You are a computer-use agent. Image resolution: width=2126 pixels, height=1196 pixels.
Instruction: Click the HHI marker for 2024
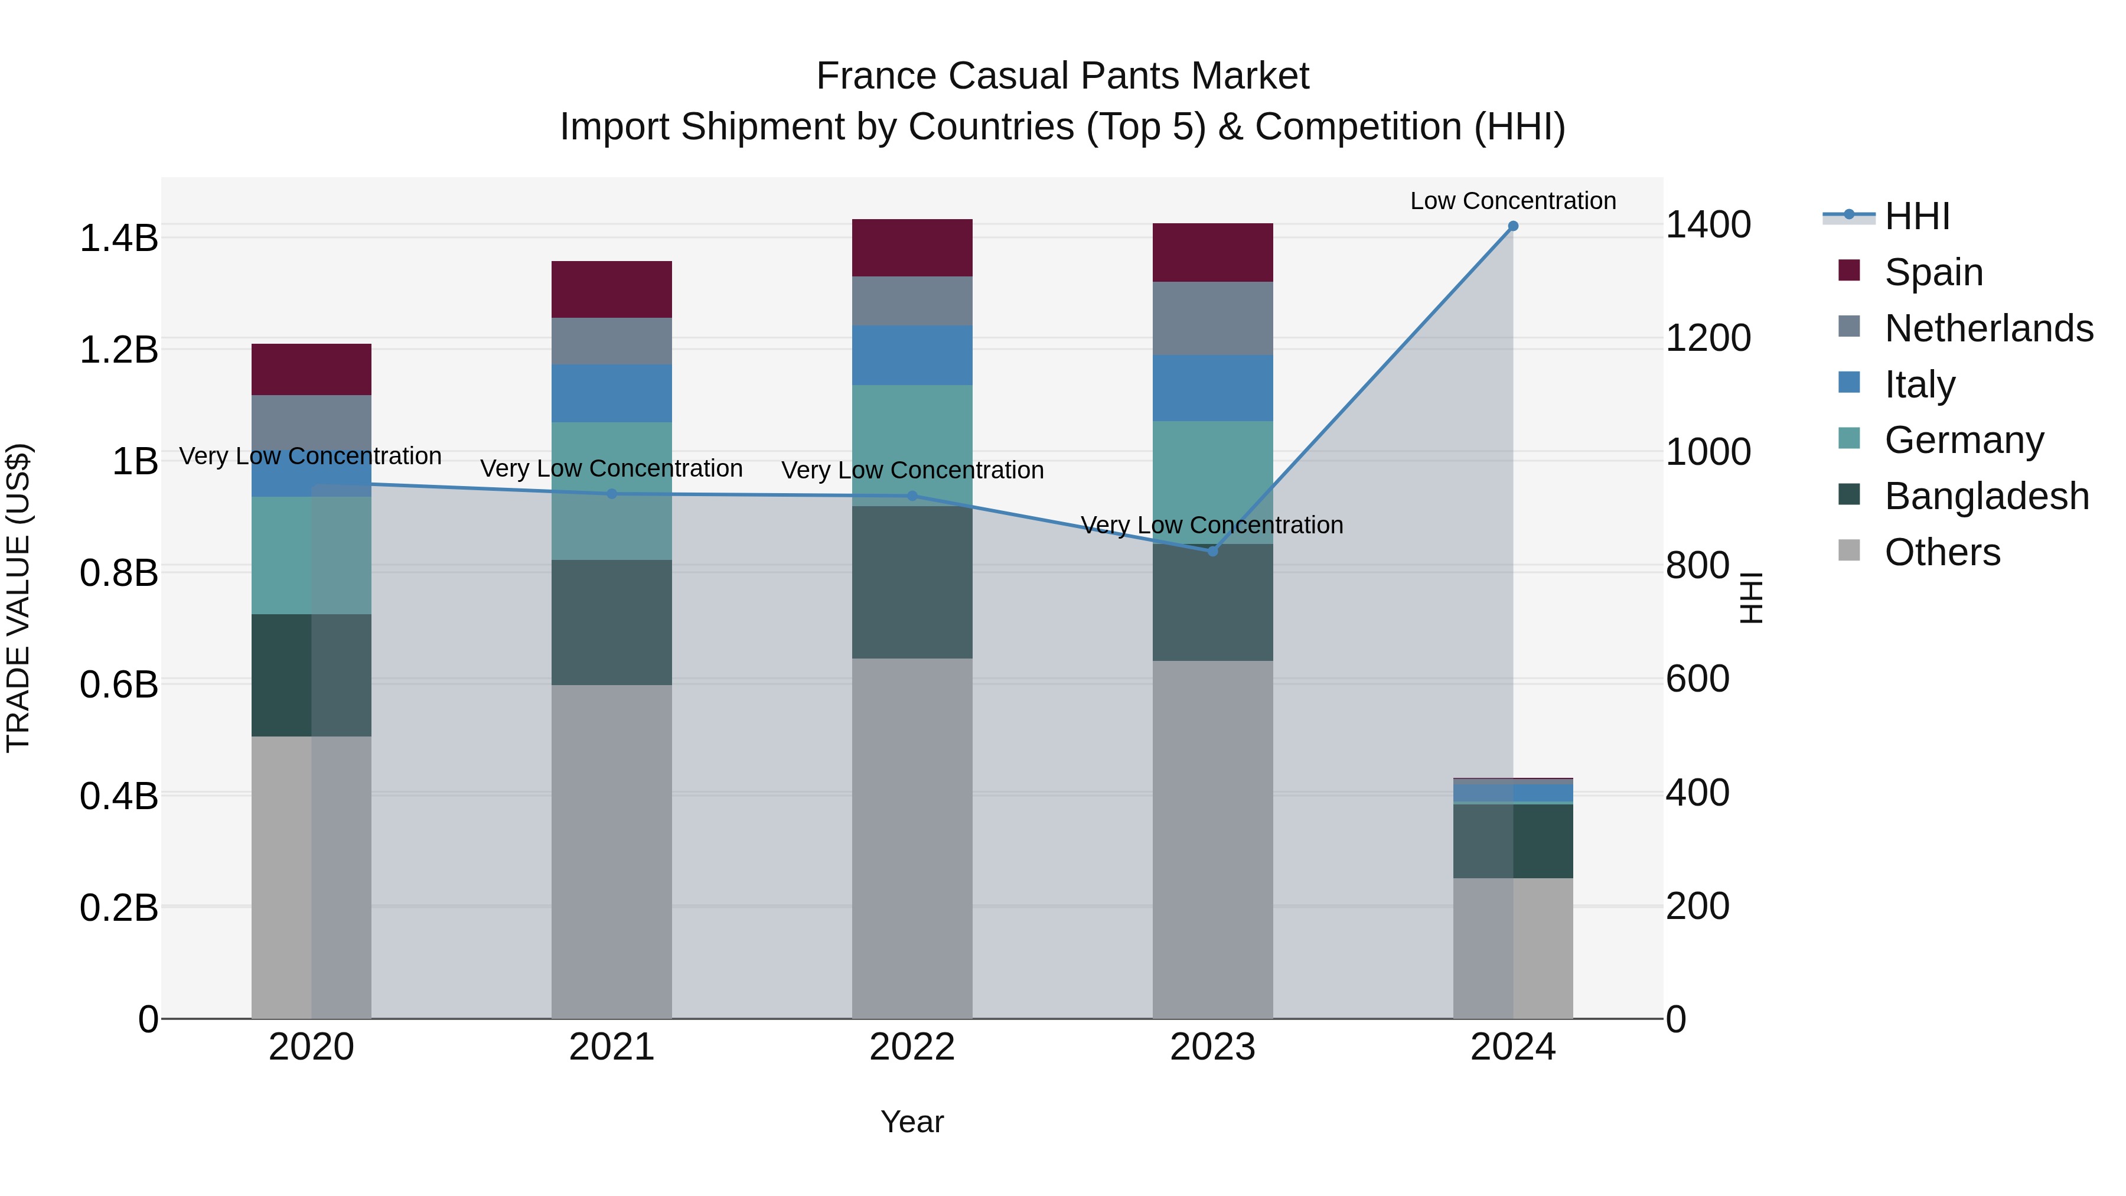click(x=1513, y=226)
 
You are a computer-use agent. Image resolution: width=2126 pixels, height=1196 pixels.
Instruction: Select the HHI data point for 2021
click(x=612, y=494)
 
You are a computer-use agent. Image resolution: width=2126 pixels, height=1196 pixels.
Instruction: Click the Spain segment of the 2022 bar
click(x=912, y=247)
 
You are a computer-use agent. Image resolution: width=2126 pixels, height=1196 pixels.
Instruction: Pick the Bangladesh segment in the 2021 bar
click(x=612, y=623)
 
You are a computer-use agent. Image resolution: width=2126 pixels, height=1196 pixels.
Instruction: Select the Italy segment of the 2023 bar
click(x=1212, y=388)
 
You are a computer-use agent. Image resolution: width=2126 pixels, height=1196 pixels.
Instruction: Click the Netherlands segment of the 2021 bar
click(x=612, y=341)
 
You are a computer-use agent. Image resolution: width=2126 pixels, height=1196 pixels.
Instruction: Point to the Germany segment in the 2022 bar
click(x=912, y=446)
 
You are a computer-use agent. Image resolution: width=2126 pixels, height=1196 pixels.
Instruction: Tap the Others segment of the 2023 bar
click(x=1212, y=839)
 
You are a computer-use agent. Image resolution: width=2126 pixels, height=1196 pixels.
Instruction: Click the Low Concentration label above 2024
click(x=1513, y=201)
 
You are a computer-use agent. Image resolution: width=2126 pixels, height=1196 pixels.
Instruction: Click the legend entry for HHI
click(x=1916, y=216)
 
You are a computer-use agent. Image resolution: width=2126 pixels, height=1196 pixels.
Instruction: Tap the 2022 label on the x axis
click(x=912, y=1047)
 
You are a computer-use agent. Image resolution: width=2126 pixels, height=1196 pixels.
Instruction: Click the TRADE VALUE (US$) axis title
click(x=18, y=598)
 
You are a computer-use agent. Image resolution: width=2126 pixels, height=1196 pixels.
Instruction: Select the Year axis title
click(x=912, y=1122)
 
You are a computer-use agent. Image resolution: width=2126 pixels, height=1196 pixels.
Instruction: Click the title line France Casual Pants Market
click(x=1062, y=76)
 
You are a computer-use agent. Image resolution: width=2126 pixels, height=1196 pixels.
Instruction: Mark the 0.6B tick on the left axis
click(x=119, y=685)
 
